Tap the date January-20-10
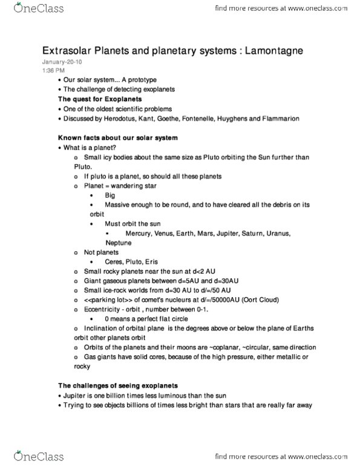tap(61, 62)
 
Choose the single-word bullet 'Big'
tap(110, 196)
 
